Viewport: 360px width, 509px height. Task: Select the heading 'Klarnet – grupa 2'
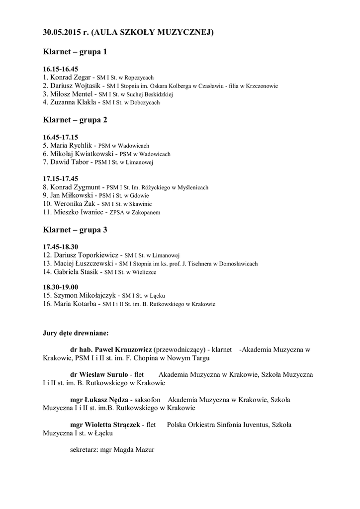(x=75, y=120)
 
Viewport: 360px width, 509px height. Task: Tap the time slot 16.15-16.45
(x=61, y=69)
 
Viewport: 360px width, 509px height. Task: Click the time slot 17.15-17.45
(x=61, y=178)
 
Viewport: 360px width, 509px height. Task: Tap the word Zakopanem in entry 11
(x=147, y=213)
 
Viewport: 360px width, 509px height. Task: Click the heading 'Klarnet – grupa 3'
(x=75, y=230)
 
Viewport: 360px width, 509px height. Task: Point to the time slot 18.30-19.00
(x=61, y=287)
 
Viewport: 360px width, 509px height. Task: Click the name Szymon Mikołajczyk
(x=83, y=295)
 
